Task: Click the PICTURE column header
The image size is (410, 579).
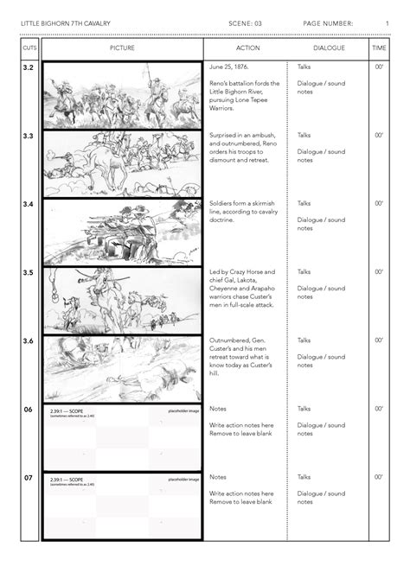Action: [x=122, y=48]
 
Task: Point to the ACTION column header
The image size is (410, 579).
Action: [x=247, y=48]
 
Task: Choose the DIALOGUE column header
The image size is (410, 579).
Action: [x=329, y=48]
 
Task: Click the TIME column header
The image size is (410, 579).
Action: [x=379, y=48]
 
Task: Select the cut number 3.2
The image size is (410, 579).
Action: [x=29, y=67]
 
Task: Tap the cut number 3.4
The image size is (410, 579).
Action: [x=29, y=205]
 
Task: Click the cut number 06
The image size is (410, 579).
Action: [x=29, y=409]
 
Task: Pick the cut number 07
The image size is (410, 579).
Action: [x=29, y=477]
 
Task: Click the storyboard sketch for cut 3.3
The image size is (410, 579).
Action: [x=122, y=162]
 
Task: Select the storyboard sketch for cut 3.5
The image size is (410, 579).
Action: [x=122, y=299]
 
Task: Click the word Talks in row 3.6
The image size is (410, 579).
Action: [x=304, y=340]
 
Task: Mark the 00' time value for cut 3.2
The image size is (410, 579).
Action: [x=379, y=67]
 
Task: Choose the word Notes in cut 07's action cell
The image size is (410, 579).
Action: [x=218, y=477]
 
